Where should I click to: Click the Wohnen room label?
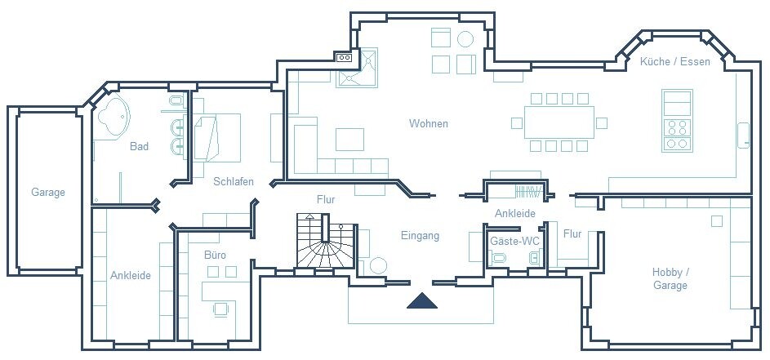click(429, 124)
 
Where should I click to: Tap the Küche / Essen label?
click(674, 61)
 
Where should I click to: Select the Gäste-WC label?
click(514, 241)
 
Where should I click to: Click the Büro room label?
click(215, 256)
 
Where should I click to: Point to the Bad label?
click(139, 147)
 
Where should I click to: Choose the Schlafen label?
click(234, 181)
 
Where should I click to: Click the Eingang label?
click(420, 236)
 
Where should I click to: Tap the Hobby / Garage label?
click(670, 278)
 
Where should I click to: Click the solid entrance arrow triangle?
click(423, 301)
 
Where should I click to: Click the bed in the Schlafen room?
click(216, 136)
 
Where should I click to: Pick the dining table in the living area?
click(559, 122)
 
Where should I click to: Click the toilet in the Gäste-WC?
click(499, 259)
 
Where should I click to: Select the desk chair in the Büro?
click(220, 308)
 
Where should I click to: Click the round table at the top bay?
click(465, 38)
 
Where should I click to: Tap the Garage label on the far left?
click(48, 193)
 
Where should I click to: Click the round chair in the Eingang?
click(377, 265)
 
